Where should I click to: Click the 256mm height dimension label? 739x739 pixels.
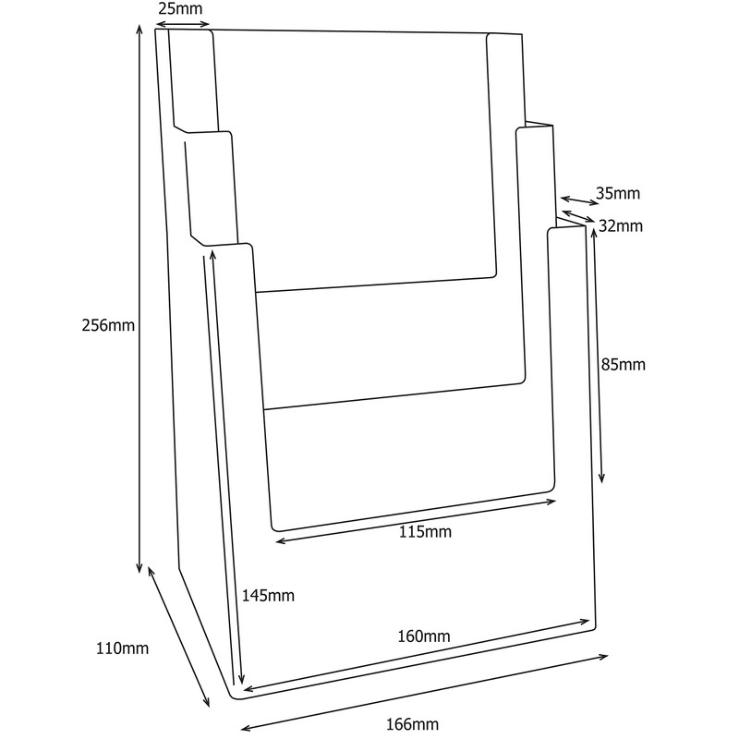109,325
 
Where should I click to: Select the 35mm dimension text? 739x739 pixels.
618,194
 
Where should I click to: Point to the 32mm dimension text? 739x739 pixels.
620,226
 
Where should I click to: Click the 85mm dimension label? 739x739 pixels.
621,364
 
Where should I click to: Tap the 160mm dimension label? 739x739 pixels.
424,636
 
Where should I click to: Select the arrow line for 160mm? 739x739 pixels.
416,655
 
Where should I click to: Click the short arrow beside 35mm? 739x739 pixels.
578,200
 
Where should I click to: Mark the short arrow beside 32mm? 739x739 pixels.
577,218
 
